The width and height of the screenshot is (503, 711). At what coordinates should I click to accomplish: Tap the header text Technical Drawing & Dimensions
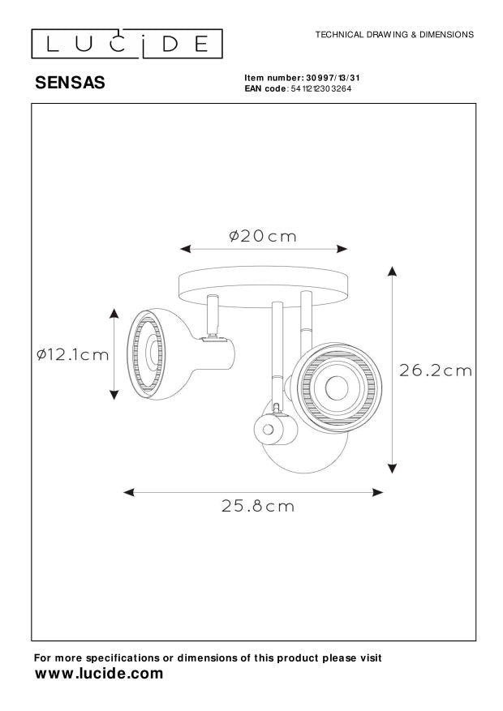(394, 36)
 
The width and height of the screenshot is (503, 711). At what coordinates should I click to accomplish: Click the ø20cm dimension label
(263, 237)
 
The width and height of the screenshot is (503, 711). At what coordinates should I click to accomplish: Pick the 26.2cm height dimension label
(436, 370)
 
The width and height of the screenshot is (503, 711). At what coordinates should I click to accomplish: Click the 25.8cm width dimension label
(258, 507)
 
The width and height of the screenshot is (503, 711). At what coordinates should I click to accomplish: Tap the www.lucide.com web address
(98, 674)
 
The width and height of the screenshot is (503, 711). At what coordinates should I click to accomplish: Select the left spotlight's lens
(152, 353)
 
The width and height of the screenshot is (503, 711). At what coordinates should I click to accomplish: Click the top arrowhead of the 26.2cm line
(393, 270)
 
